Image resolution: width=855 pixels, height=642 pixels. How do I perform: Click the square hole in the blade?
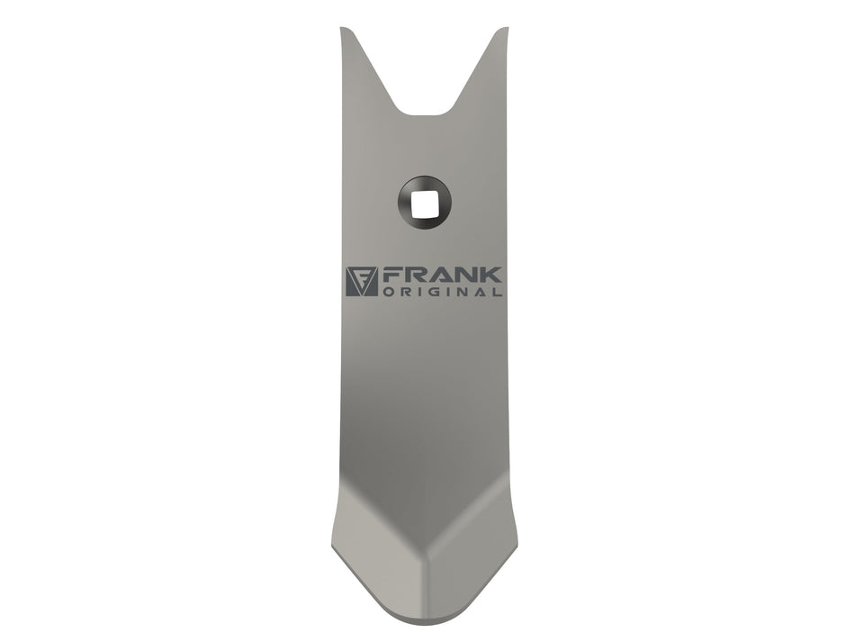tap(425, 203)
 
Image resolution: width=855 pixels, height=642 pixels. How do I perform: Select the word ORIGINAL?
tap(443, 292)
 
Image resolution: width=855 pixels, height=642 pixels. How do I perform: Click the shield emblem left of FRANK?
tap(362, 282)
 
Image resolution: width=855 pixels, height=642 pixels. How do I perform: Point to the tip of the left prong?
tap(342, 28)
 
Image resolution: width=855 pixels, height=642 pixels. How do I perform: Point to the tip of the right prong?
tap(507, 28)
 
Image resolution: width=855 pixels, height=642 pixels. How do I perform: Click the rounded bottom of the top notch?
tap(426, 114)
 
